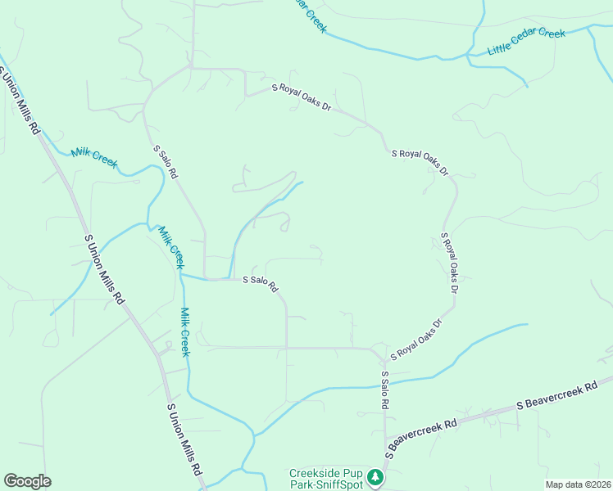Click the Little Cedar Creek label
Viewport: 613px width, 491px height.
(x=526, y=43)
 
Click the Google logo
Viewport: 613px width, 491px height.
(x=27, y=481)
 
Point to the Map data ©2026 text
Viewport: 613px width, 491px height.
(x=578, y=484)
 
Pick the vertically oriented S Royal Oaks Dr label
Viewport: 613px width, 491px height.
(x=449, y=263)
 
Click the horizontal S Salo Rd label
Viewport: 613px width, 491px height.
(x=261, y=283)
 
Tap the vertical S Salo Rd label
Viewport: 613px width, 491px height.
(x=384, y=390)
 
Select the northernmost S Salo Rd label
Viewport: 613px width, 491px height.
(x=166, y=162)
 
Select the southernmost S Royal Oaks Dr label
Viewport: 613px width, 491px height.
(x=416, y=340)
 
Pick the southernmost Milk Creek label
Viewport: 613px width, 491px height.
(x=185, y=331)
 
